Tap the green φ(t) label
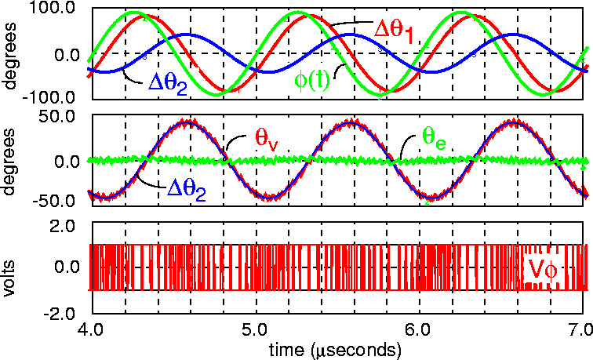click(314, 81)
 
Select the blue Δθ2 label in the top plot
click(166, 84)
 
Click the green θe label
click(435, 136)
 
